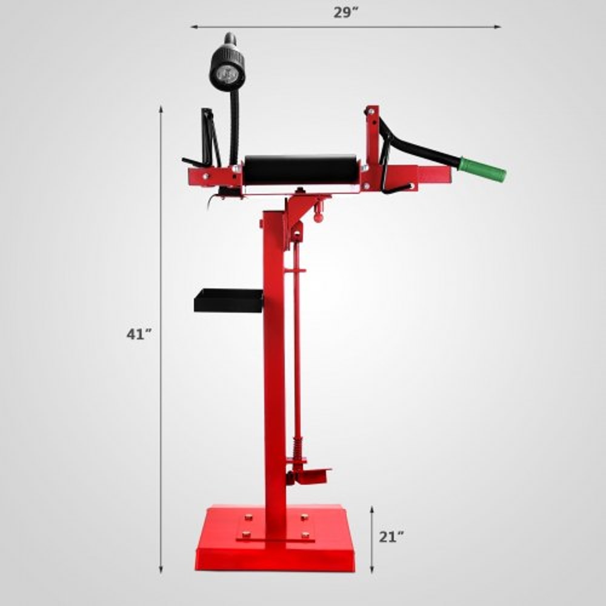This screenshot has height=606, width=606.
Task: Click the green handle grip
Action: click(x=482, y=169)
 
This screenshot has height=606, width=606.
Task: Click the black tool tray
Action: click(x=228, y=301)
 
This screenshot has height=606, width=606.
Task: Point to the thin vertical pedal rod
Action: click(x=297, y=339)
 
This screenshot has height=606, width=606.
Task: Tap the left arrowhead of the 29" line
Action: click(x=193, y=27)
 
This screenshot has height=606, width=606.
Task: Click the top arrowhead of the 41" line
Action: click(x=161, y=108)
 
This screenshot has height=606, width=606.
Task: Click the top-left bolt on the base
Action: click(x=247, y=518)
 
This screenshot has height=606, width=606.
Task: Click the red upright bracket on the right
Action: click(x=372, y=142)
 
